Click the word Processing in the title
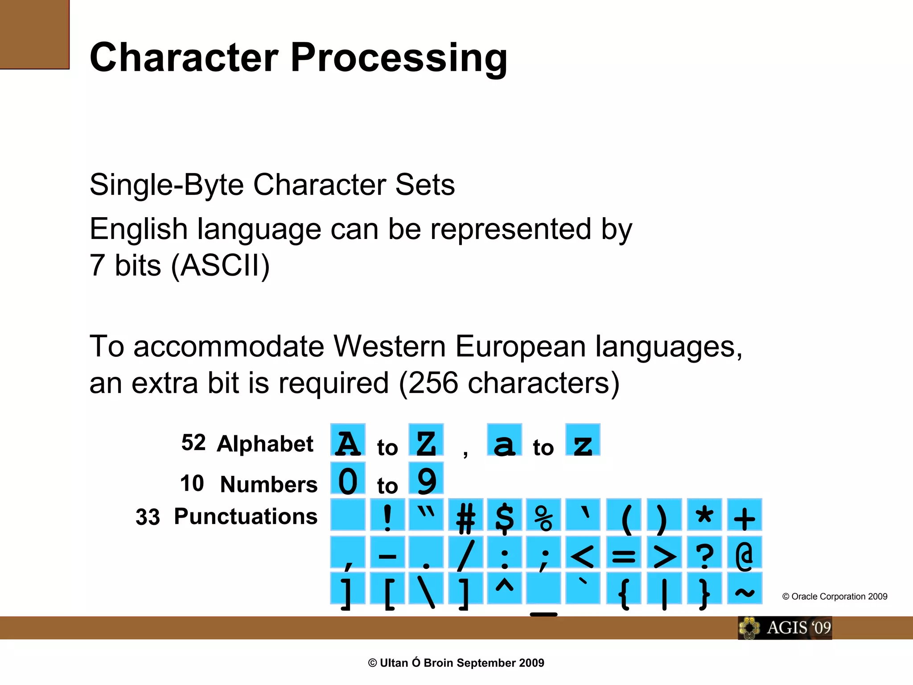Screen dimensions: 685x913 [x=399, y=58]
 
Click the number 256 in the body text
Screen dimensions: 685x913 [x=433, y=383]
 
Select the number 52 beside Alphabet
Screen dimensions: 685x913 [x=193, y=443]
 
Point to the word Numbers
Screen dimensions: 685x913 [x=268, y=485]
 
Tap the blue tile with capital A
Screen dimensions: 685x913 [x=348, y=440]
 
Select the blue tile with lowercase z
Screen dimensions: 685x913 [x=583, y=440]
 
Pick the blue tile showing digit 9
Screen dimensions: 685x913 [x=426, y=479]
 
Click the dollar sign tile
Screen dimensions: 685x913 [x=504, y=515]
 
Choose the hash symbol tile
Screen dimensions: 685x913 [x=465, y=515]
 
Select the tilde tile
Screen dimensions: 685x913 [x=744, y=589]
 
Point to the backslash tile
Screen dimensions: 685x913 [x=426, y=589]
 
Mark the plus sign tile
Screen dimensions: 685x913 [x=744, y=515]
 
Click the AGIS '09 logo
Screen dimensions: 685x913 [x=785, y=628]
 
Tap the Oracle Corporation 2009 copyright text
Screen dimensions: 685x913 [x=835, y=597]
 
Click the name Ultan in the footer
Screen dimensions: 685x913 [x=394, y=663]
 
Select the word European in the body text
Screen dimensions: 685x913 [x=520, y=347]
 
